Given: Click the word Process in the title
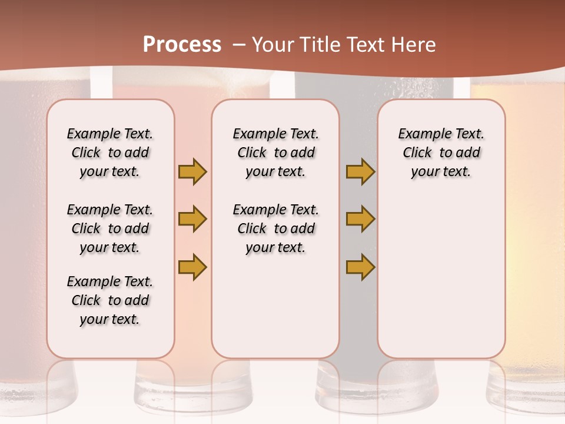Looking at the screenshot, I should (182, 44).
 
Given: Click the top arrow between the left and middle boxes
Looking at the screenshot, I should (192, 172).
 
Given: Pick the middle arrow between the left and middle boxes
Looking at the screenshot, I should (192, 220).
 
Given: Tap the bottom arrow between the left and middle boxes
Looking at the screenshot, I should (192, 267).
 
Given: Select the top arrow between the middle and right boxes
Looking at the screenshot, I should (360, 172).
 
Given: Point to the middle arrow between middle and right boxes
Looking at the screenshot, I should (360, 220).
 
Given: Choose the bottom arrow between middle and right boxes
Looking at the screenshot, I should (360, 267).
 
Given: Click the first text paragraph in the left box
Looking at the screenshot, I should (110, 153).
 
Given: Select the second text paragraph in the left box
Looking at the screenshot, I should (110, 228).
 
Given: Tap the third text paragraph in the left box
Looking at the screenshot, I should (110, 300).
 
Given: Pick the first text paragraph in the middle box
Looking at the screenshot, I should (275, 153).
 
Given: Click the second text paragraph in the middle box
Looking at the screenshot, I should (275, 228).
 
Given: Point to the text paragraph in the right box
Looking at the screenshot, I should (441, 153).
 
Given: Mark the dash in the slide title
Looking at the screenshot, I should (238, 45).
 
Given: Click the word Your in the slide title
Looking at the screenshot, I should (270, 45).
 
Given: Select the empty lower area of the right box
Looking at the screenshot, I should (441, 283).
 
